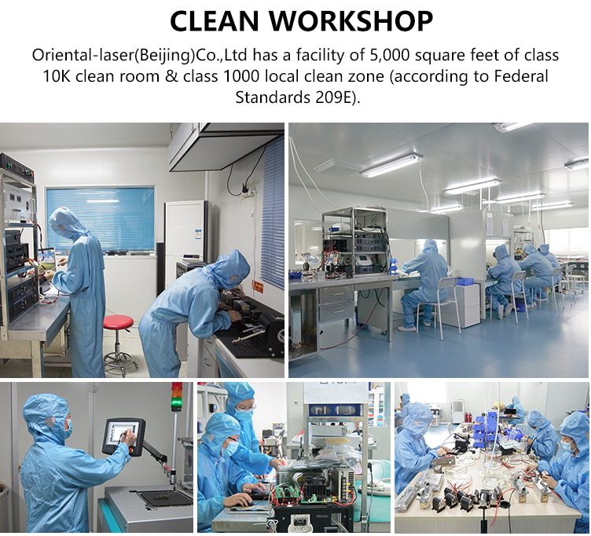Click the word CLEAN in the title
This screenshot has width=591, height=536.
point(215,20)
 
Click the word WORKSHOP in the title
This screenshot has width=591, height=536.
point(351,20)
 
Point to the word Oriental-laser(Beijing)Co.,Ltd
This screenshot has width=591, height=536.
point(139,56)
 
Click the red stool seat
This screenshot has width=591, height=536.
point(118,322)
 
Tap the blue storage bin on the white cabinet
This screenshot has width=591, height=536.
point(465,282)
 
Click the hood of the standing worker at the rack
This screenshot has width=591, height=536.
point(64,222)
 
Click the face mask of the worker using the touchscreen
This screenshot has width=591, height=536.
point(68,431)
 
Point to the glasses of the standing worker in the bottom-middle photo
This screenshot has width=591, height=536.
point(246,406)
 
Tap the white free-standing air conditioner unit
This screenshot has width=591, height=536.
point(185,230)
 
